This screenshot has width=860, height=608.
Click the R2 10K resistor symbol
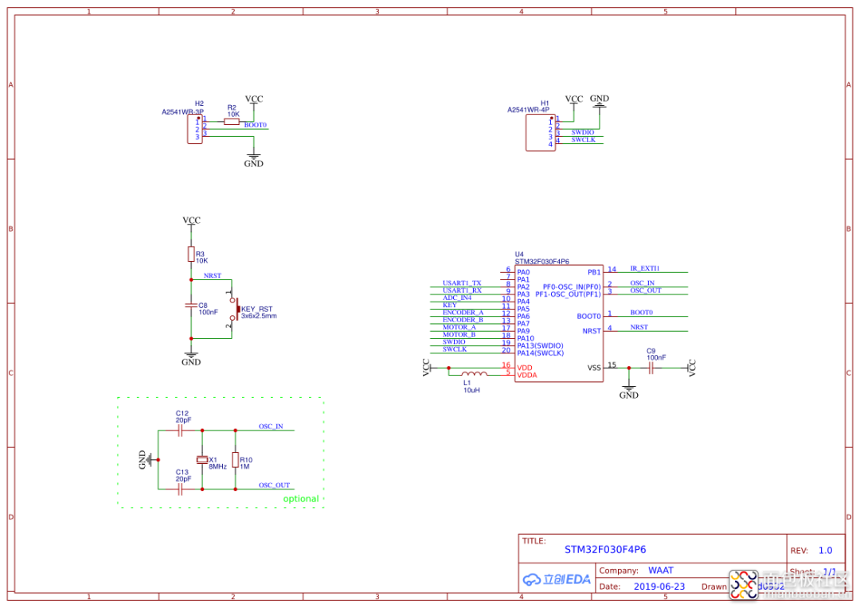233,121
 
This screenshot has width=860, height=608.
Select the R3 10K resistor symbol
191,254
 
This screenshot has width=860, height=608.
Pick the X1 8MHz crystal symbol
202,459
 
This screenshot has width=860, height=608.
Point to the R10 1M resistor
235,460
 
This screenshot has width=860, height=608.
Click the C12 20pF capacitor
181,430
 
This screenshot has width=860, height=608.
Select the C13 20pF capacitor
181,489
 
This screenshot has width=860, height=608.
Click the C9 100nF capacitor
651,368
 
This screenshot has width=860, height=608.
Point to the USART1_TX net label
462,283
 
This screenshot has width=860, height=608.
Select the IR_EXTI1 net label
645,269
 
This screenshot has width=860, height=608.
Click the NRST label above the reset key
213,275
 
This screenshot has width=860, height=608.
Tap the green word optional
301,499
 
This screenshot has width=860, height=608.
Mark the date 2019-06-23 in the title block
659,587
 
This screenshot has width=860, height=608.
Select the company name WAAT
661,571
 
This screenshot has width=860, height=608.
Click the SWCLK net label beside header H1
583,140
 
